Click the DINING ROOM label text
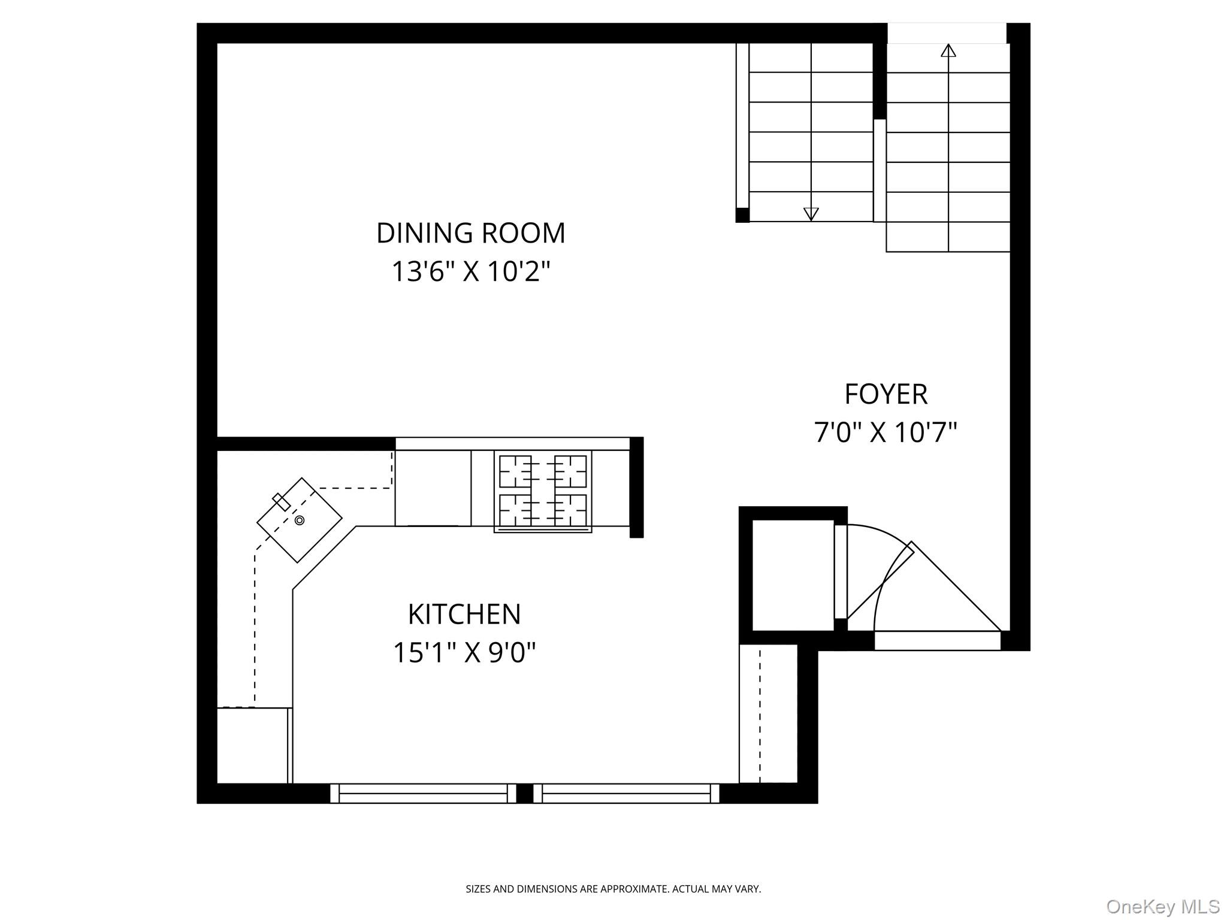point(470,233)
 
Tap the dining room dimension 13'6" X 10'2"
point(470,271)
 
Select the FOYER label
point(886,394)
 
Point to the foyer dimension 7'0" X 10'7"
point(886,432)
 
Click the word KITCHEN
point(464,614)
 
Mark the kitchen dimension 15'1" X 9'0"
point(464,652)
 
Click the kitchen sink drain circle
point(300,520)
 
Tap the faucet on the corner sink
point(281,501)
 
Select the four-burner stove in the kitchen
point(543,491)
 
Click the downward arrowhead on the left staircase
point(811,214)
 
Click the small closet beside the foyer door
point(792,575)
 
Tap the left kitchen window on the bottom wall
point(423,793)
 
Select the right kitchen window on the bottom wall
point(626,793)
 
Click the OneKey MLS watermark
point(1162,906)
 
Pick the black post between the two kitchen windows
point(524,793)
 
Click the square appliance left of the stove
point(433,488)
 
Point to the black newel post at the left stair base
point(742,215)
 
